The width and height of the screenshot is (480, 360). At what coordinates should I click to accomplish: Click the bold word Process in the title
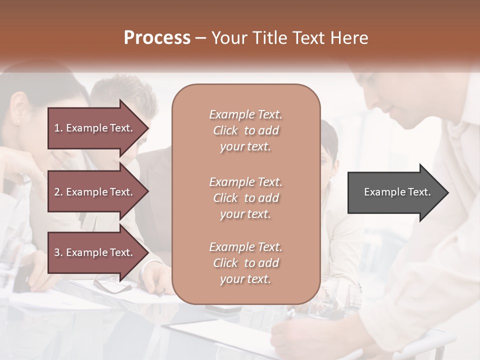tap(157, 38)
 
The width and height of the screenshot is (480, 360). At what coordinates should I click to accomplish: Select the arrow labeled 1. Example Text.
tap(98, 128)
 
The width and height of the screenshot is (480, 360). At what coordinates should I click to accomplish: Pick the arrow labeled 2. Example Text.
tap(98, 192)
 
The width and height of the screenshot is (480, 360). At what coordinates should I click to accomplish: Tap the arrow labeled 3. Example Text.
tap(98, 252)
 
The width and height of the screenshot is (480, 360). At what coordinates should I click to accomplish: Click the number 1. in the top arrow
tap(58, 128)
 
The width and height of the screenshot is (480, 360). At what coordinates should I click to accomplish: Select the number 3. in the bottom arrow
tap(58, 252)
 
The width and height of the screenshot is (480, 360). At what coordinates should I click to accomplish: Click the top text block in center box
tap(245, 130)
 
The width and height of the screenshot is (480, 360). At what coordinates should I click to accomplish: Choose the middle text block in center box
tap(245, 198)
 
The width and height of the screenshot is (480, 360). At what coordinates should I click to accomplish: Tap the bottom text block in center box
tap(245, 263)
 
